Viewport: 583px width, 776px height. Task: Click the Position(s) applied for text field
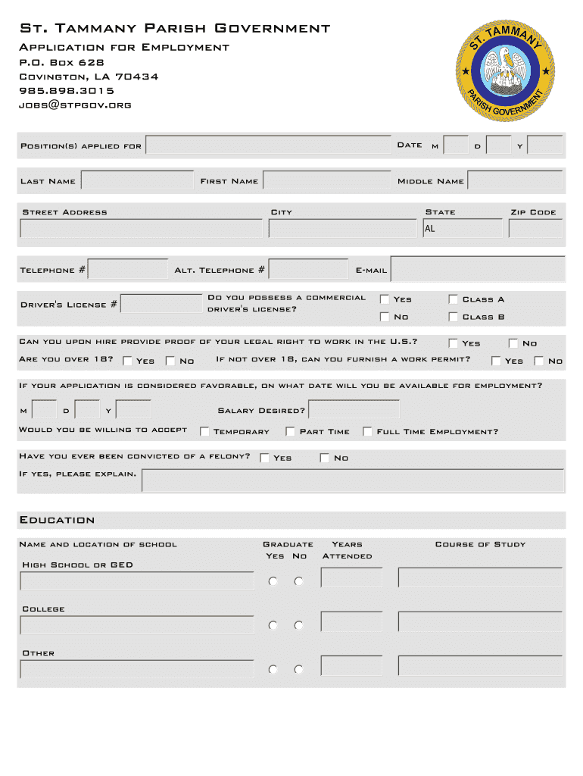[268, 145]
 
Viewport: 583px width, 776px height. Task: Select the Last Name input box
[137, 180]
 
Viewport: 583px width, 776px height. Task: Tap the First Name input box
[326, 180]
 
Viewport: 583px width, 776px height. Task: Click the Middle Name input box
[515, 180]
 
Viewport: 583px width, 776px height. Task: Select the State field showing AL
[462, 228]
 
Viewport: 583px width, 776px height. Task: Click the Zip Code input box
[535, 228]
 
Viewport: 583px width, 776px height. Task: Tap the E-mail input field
[477, 269]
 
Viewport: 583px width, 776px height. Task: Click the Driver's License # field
[161, 304]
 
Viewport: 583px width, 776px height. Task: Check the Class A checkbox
[454, 299]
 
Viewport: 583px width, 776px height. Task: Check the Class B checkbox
[454, 317]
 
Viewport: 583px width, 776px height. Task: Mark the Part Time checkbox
[290, 431]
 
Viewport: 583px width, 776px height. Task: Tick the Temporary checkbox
[204, 431]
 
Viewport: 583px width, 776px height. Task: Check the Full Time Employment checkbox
[367, 431]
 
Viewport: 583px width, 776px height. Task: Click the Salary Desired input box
[354, 409]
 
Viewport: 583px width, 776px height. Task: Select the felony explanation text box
[353, 480]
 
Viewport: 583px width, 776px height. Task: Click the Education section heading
[57, 520]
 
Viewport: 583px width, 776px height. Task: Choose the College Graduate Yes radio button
[273, 625]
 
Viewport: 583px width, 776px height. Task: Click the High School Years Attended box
[351, 577]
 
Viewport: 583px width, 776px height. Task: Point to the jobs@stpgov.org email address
[75, 105]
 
